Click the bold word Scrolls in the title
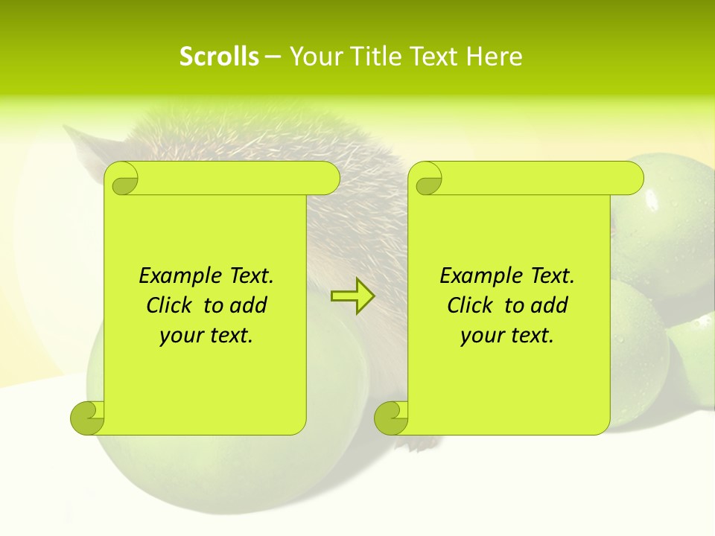pyautogui.click(x=219, y=57)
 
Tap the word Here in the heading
pyautogui.click(x=494, y=57)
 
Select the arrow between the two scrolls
pyautogui.click(x=352, y=296)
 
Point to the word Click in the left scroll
pyautogui.click(x=172, y=305)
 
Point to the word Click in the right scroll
pyautogui.click(x=473, y=305)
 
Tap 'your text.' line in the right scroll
pyautogui.click(x=507, y=335)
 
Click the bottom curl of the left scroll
pyautogui.click(x=88, y=417)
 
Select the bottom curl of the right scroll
pyautogui.click(x=392, y=417)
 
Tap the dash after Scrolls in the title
pyautogui.click(x=273, y=57)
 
